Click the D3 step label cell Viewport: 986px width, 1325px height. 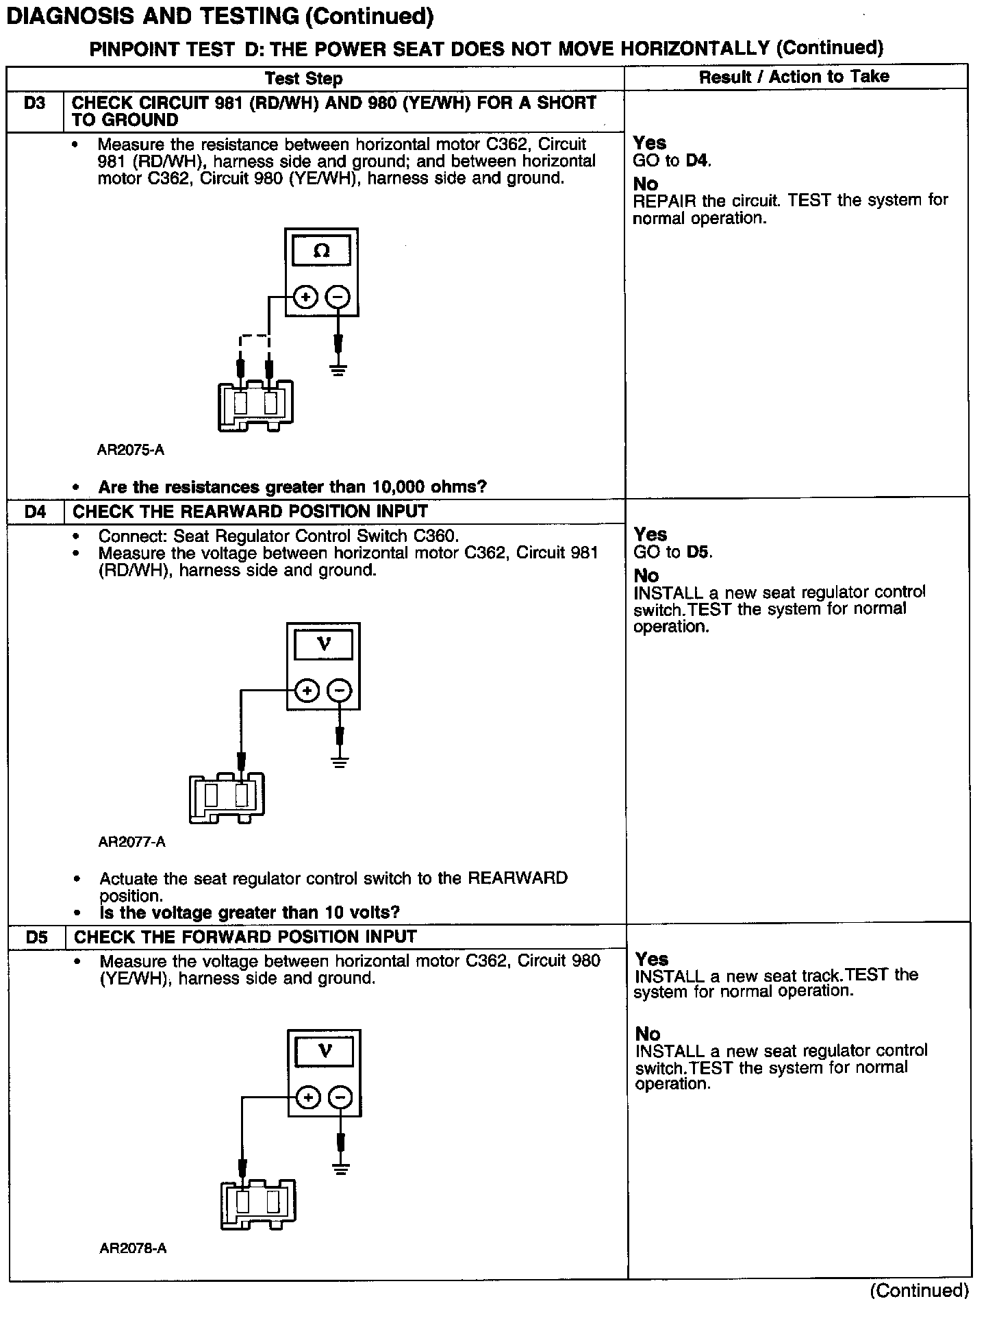click(34, 104)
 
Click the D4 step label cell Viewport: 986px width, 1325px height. click(35, 512)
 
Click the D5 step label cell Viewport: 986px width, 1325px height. click(37, 937)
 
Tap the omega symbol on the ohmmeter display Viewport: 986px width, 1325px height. click(321, 251)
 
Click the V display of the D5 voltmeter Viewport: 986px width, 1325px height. click(325, 1051)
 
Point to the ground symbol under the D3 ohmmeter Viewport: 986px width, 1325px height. click(338, 371)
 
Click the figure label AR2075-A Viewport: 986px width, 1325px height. click(131, 450)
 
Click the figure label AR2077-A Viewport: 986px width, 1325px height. click(132, 841)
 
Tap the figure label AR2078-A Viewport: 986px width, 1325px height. click(133, 1248)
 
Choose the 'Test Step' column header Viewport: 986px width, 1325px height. click(303, 79)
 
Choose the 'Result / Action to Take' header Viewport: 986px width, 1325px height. click(794, 77)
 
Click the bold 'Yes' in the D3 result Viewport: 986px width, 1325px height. click(649, 143)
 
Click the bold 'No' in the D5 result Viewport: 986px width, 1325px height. click(648, 1033)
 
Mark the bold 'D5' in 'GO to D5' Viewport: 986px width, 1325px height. click(699, 552)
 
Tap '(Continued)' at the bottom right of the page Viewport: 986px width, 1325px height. click(919, 1291)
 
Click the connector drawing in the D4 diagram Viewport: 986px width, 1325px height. click(227, 797)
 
